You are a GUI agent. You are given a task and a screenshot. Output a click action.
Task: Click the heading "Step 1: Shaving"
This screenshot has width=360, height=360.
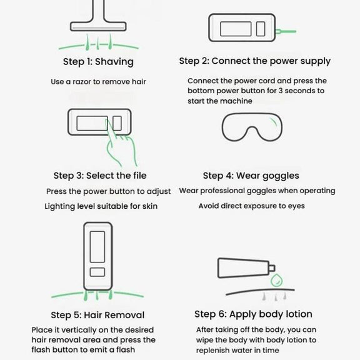pos(98,62)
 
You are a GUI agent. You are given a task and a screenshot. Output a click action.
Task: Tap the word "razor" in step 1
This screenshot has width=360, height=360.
pos(82,82)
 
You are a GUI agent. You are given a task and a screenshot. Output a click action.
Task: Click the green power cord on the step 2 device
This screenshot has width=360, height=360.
pos(286,31)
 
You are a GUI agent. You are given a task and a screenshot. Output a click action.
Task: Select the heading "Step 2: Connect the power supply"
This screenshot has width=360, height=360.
pos(254,61)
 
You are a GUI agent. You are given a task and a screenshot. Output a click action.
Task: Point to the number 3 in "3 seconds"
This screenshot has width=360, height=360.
pos(281,91)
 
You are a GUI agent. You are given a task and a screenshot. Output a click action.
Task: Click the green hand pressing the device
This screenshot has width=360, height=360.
pos(121,144)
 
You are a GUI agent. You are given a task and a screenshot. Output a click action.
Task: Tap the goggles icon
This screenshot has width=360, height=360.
pos(252,127)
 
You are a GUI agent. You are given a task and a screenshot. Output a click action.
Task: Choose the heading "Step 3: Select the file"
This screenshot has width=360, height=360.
pos(100,176)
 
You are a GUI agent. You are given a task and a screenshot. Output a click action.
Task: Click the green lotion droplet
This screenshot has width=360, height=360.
pos(276,280)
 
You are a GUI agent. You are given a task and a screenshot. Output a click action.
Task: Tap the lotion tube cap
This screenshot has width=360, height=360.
pos(272,268)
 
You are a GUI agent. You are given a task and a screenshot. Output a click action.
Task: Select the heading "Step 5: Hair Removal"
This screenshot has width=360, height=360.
pos(97,315)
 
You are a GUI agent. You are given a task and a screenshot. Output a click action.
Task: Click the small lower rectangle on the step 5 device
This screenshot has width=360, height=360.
pos(97,272)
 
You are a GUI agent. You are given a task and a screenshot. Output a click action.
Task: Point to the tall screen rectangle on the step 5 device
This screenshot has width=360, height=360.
pos(97,247)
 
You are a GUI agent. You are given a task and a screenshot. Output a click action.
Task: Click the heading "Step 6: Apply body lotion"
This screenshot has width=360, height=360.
pos(253,314)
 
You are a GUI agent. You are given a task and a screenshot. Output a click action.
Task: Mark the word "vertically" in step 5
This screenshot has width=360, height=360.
pos(79,330)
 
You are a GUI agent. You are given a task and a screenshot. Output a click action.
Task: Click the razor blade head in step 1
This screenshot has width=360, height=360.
pos(98,26)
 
